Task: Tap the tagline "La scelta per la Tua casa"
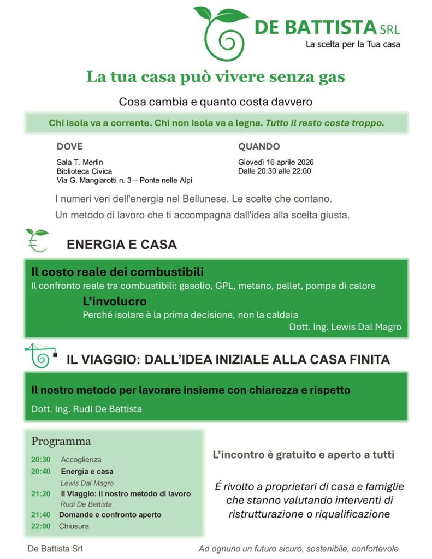tap(352, 45)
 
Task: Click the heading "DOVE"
tap(69, 146)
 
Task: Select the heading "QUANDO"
tap(259, 146)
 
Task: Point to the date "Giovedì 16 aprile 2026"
tap(276, 162)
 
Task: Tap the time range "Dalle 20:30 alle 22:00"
tap(274, 171)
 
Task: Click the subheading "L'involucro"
tap(115, 301)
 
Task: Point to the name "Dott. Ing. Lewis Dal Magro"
tap(345, 327)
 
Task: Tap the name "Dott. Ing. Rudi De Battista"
tap(86, 409)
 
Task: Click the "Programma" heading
tap(61, 441)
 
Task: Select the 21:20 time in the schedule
tap(41, 493)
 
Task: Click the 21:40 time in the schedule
tap(41, 514)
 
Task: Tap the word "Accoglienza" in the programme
tap(81, 460)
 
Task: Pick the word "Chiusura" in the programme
tap(75, 526)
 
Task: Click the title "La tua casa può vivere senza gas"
tap(215, 77)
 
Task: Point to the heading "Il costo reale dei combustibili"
tap(117, 272)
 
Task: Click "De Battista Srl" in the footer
tap(55, 549)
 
